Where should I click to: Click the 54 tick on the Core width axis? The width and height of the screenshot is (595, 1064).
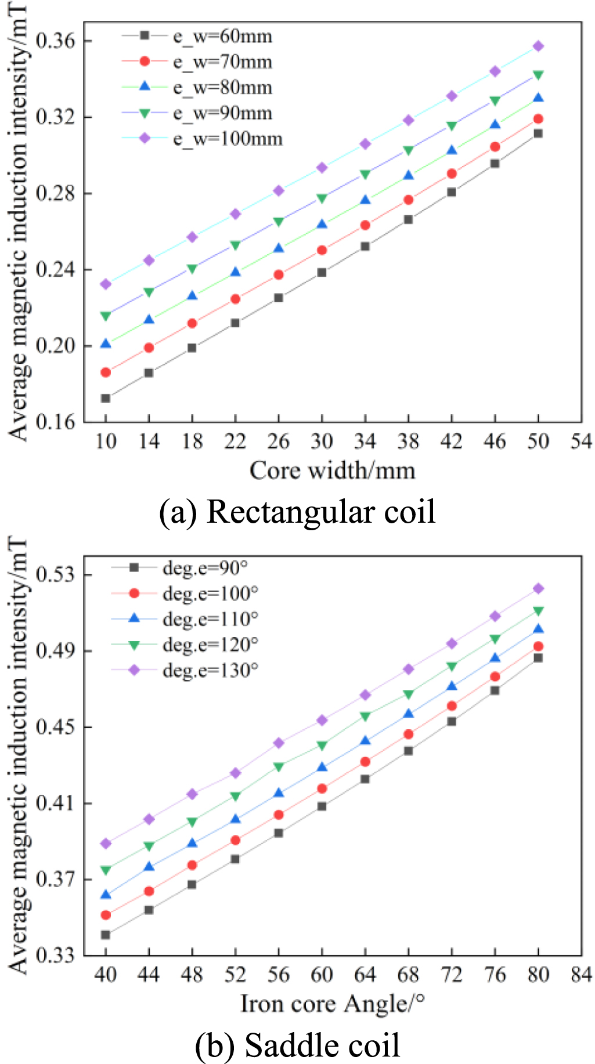[580, 441]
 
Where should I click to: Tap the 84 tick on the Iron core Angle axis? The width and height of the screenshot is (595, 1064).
[580, 975]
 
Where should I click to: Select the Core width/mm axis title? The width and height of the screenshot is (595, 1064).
[332, 470]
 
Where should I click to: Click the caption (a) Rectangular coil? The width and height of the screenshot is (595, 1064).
[297, 512]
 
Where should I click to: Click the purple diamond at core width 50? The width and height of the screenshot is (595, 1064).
[538, 46]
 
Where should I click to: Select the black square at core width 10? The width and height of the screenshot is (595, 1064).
[106, 398]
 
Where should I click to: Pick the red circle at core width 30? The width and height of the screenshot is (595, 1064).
[322, 250]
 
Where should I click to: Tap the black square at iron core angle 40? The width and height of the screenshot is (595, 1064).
[106, 935]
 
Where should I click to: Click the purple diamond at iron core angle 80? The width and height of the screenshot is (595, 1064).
[538, 588]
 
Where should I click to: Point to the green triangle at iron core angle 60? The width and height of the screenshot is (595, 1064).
[322, 745]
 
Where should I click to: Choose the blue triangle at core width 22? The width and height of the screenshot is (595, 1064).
[235, 272]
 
